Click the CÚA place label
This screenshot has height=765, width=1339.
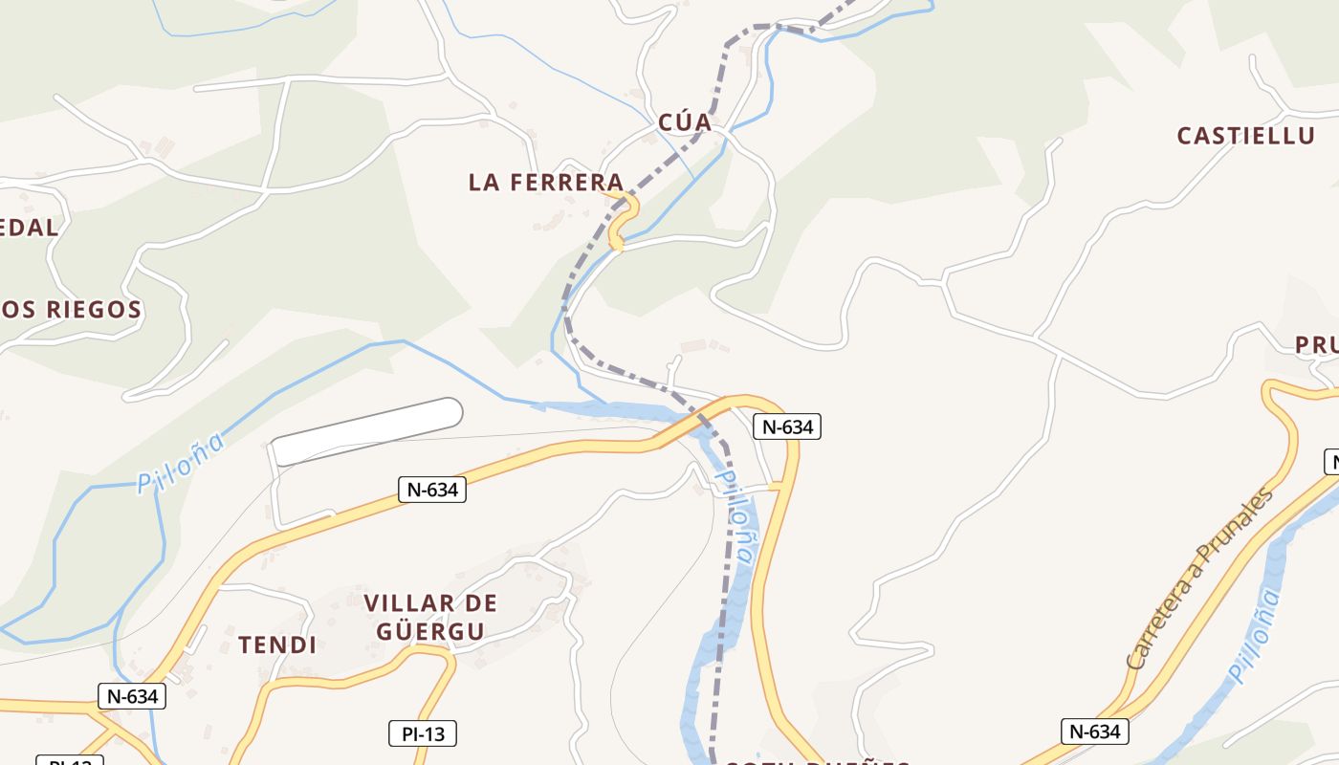coord(685,122)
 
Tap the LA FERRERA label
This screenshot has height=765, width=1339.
coord(545,182)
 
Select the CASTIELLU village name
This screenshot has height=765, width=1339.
coord(1245,136)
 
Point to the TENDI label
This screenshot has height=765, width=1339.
coord(277,645)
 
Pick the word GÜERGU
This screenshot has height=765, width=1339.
coord(429,631)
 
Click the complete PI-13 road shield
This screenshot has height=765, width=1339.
coord(423,733)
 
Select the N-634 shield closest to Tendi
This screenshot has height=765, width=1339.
coord(132,696)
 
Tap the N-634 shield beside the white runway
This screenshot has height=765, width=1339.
coord(432,490)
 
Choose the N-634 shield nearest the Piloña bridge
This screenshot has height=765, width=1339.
coord(787,426)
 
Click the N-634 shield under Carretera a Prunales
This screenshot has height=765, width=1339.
coord(1095,732)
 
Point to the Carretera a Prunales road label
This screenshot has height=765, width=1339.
coord(1200,579)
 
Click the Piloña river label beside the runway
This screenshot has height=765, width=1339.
coord(182,464)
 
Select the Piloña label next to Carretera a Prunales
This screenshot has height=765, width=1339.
coord(1254,636)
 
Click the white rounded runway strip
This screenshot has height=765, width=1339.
coord(367,431)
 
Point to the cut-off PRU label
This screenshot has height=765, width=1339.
coord(1316,345)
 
